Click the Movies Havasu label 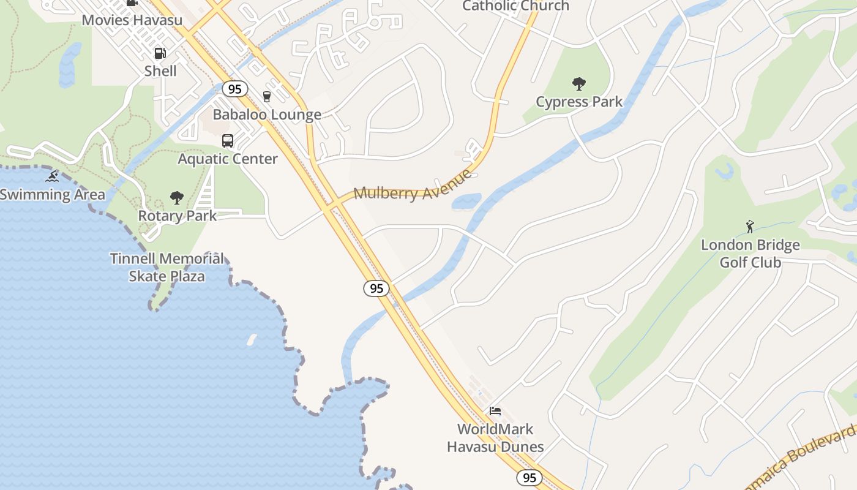(132, 20)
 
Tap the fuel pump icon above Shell (160, 53)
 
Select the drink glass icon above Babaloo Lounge (266, 96)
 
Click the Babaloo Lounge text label (267, 115)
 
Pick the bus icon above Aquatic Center (228, 141)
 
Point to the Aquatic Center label (228, 159)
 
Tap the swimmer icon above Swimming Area (52, 176)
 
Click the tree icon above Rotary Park (177, 197)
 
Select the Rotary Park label (177, 216)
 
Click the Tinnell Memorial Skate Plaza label (167, 267)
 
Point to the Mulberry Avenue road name (414, 186)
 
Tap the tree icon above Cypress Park (578, 83)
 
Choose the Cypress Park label (579, 102)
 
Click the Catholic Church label (515, 6)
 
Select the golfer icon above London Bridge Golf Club (750, 227)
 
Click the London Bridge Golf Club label (750, 254)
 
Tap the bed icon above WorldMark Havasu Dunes (495, 410)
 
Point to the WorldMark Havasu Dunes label (495, 438)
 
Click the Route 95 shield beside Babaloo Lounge (234, 89)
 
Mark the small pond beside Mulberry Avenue (466, 201)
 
